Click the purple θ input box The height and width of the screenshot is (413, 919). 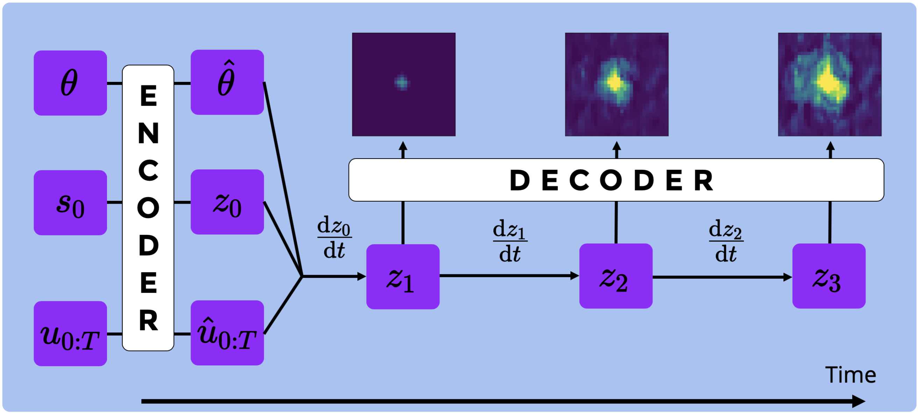[70, 83]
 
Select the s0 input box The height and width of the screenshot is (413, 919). [70, 202]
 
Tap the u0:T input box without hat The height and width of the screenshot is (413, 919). [70, 334]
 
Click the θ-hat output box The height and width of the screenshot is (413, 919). [227, 82]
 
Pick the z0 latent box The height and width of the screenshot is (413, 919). [227, 202]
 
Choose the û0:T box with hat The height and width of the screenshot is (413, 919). [227, 333]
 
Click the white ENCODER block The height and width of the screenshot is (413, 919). [148, 208]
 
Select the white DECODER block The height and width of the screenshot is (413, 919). [616, 180]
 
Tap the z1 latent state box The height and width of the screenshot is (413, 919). [403, 276]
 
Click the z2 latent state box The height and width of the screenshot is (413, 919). [616, 276]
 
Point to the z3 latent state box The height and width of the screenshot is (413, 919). [829, 276]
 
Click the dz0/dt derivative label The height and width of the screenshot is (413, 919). [334, 237]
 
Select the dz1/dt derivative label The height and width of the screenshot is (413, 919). [510, 240]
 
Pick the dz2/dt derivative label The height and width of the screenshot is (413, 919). [726, 240]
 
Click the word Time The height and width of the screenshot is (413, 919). [850, 375]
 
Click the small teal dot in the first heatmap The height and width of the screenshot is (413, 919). [402, 83]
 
